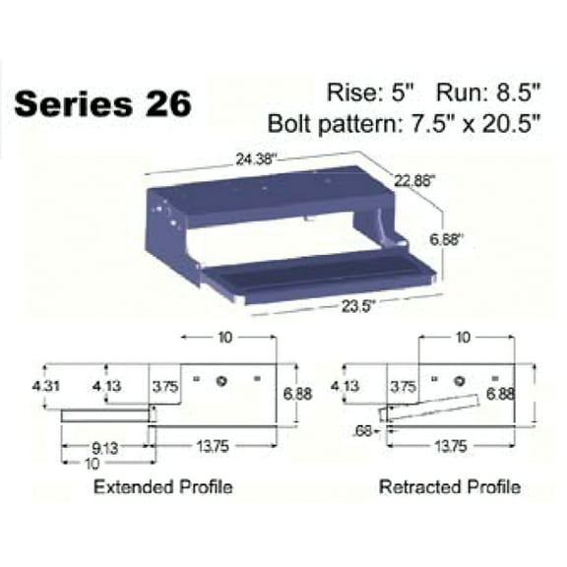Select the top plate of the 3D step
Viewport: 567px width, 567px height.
[x=266, y=192]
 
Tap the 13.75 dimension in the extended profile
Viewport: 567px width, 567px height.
[x=218, y=445]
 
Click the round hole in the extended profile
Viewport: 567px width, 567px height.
[x=225, y=379]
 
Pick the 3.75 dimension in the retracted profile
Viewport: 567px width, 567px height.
[x=402, y=386]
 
